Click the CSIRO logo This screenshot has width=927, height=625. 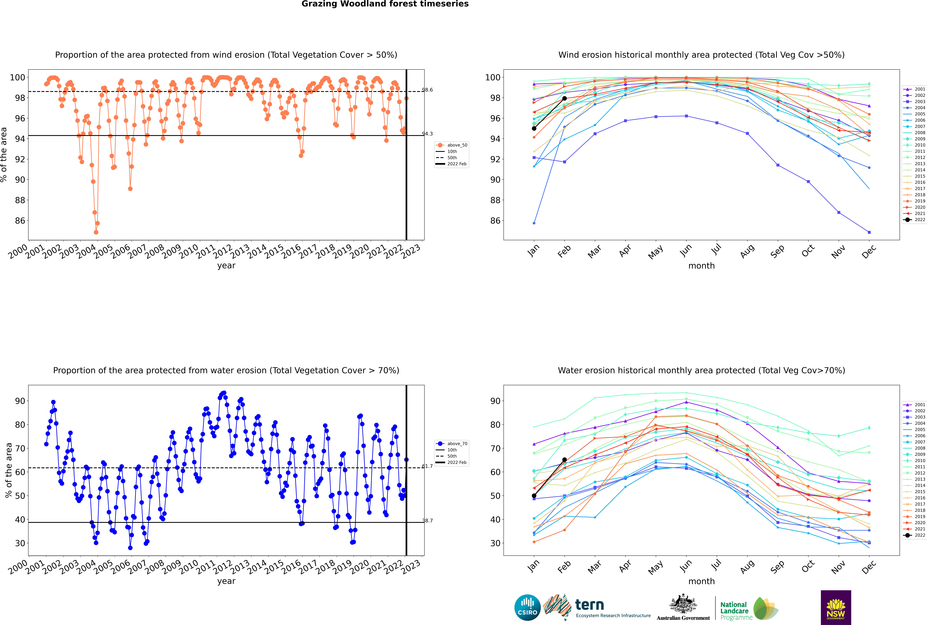[527, 607]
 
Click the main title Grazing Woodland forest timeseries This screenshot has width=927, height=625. [385, 4]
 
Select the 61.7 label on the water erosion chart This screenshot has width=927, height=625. [428, 466]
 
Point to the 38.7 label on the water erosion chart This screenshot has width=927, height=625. [428, 521]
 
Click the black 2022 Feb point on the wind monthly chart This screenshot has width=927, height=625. [564, 98]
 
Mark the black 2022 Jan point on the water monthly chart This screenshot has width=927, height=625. [534, 496]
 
